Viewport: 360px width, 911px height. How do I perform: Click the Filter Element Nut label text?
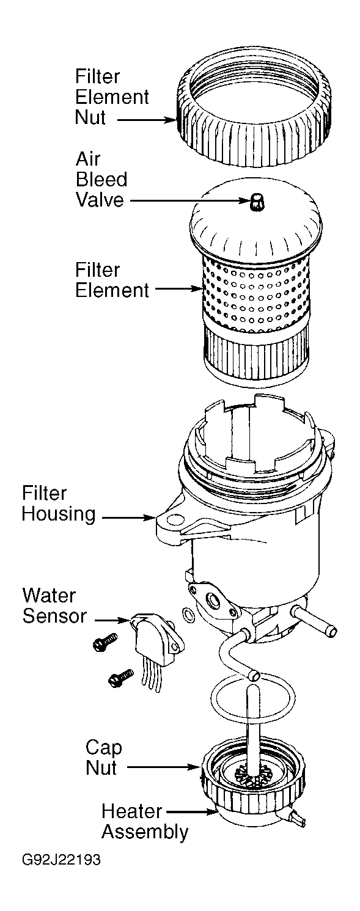[x=112, y=97]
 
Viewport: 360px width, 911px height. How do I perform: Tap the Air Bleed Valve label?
[x=101, y=179]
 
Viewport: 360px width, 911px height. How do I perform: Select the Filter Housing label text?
[x=59, y=503]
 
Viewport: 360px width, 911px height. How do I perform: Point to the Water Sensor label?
[x=54, y=605]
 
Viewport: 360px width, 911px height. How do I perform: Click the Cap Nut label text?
[x=103, y=757]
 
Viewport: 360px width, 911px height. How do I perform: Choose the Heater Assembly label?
[x=144, y=822]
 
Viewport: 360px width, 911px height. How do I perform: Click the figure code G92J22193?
[x=62, y=860]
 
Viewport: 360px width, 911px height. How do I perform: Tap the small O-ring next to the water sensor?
[x=189, y=613]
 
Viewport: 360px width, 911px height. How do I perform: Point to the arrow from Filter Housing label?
[x=127, y=518]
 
